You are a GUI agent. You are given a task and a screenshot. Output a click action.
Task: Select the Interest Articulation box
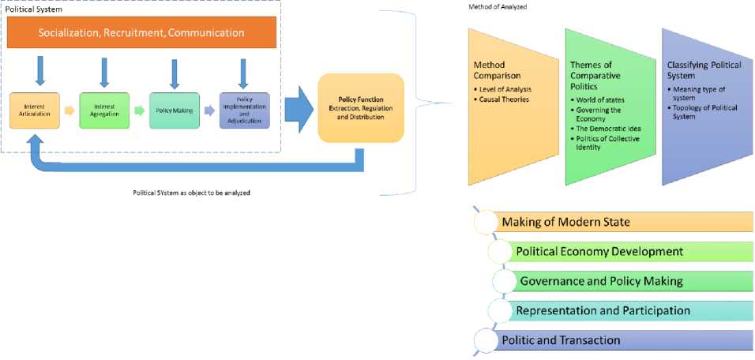[x=33, y=111]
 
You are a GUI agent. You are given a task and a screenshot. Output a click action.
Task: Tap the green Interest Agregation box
[x=103, y=111]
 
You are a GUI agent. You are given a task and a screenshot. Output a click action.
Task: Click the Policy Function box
[x=360, y=108]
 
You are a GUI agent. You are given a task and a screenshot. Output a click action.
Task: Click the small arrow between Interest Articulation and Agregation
[x=69, y=111]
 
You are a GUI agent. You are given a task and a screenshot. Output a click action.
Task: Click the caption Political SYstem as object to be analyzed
[x=191, y=193]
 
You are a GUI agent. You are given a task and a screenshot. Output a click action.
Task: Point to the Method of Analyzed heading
[x=497, y=6]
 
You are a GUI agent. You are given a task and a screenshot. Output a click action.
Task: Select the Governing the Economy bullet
[x=603, y=115]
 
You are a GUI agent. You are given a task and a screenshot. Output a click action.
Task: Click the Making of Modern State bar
[x=616, y=222]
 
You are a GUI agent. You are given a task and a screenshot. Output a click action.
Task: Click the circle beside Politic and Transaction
[x=485, y=340]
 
